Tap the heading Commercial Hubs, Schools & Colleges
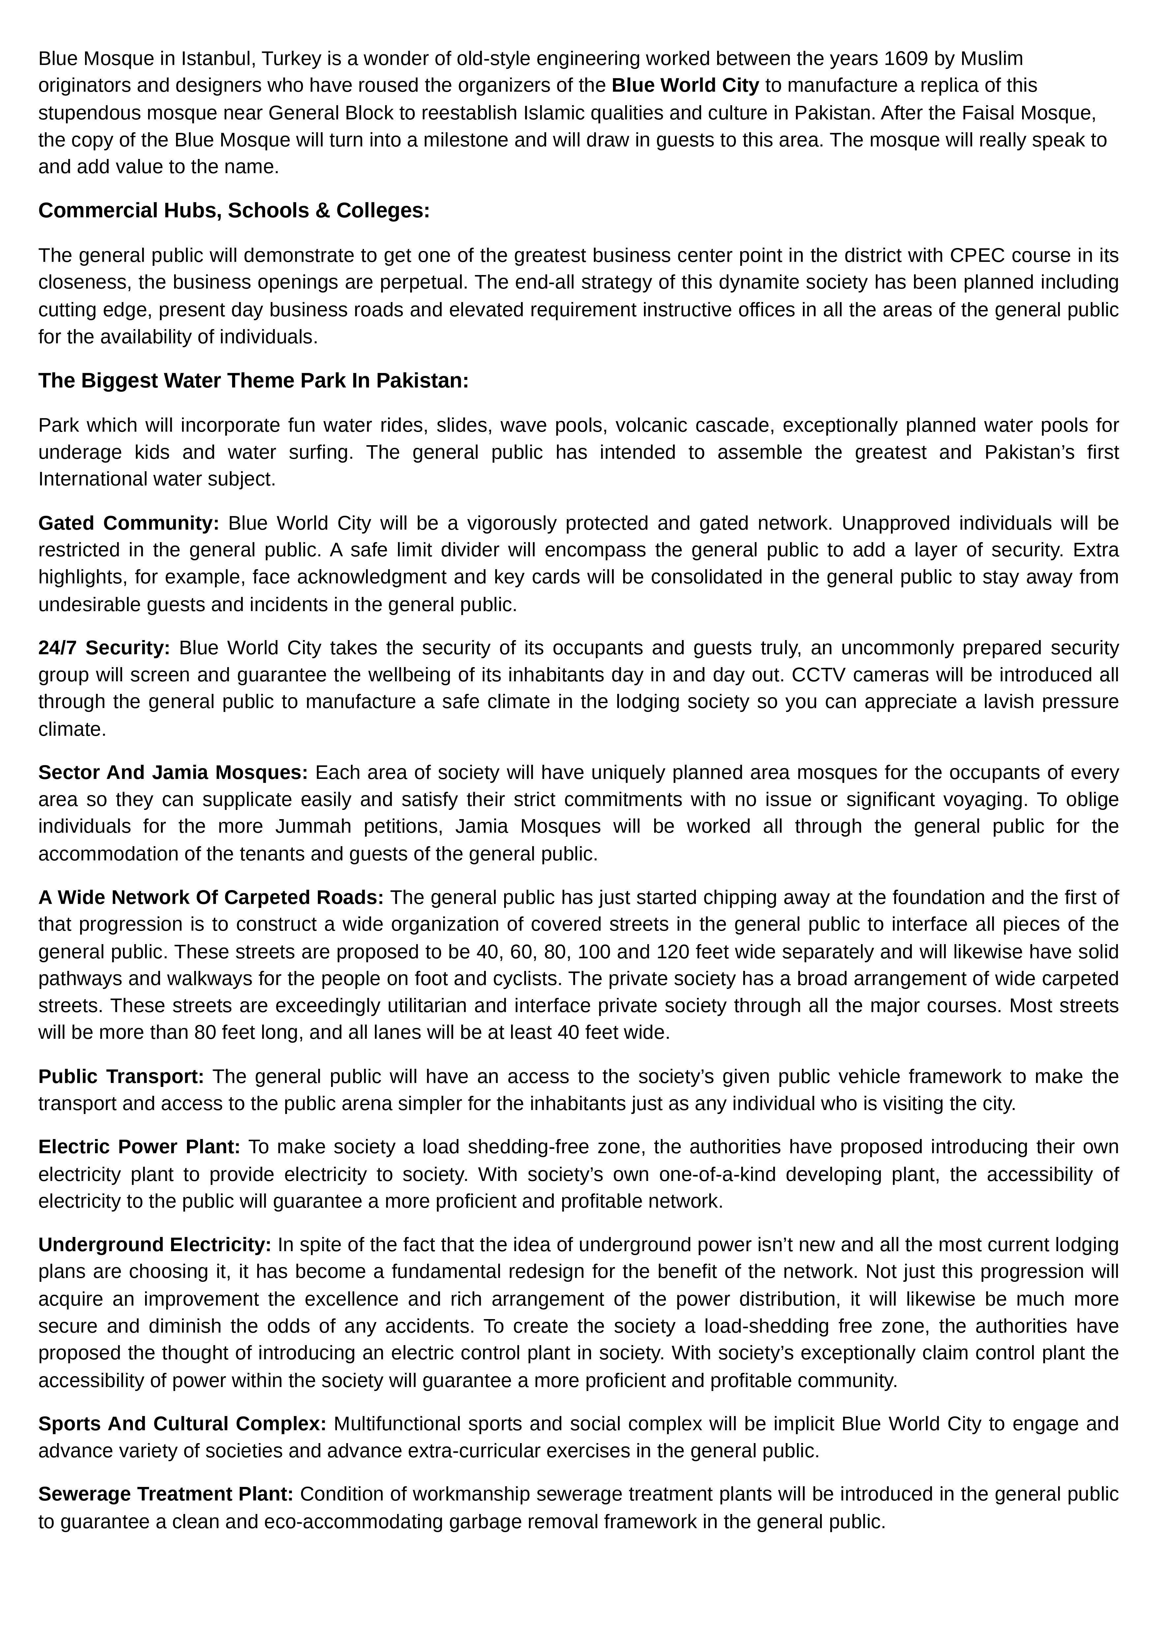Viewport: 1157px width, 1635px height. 234,211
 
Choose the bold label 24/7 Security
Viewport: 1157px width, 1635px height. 104,648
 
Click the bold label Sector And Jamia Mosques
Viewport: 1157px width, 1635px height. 172,773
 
